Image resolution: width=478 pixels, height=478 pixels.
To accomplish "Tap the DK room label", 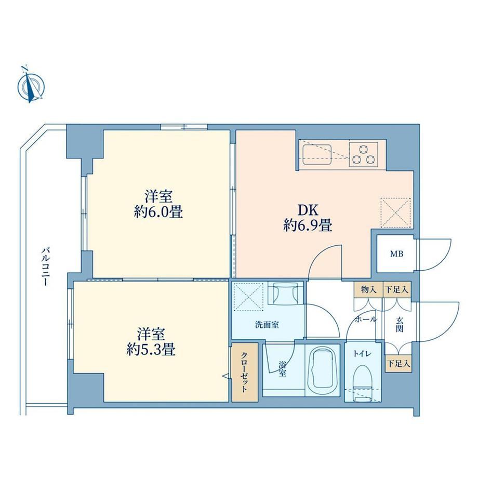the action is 308,210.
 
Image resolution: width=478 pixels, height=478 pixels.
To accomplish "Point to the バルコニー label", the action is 46,267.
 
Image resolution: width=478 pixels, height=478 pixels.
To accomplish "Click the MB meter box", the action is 396,254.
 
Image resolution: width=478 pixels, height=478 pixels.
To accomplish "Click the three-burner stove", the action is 363,154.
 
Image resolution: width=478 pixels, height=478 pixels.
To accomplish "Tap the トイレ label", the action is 362,354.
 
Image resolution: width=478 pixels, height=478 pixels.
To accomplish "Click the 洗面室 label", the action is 267,325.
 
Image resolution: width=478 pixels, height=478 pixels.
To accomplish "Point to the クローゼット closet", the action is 245,372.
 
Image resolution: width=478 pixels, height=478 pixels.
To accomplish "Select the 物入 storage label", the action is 368,289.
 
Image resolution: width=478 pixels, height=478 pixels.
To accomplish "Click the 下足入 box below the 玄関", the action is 399,363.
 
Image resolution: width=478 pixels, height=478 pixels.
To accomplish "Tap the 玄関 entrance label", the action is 400,324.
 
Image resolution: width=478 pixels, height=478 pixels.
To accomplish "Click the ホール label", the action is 366,319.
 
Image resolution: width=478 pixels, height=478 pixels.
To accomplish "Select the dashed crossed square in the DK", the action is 396,213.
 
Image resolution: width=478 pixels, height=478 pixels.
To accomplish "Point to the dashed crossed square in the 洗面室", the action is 248,296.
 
